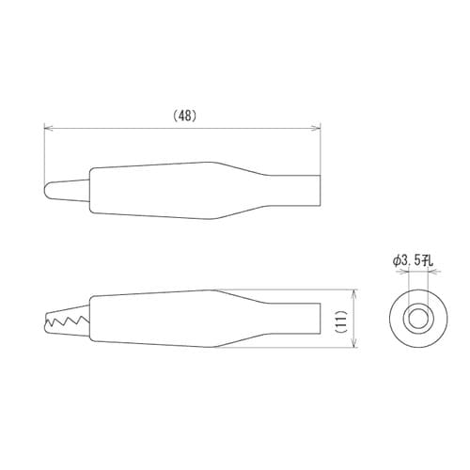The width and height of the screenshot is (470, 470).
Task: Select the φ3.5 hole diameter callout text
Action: click(x=413, y=259)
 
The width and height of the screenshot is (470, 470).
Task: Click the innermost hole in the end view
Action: click(x=414, y=319)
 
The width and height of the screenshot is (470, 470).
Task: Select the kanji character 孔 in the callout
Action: click(x=430, y=259)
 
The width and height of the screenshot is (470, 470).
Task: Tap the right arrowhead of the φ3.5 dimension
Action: click(x=425, y=273)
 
